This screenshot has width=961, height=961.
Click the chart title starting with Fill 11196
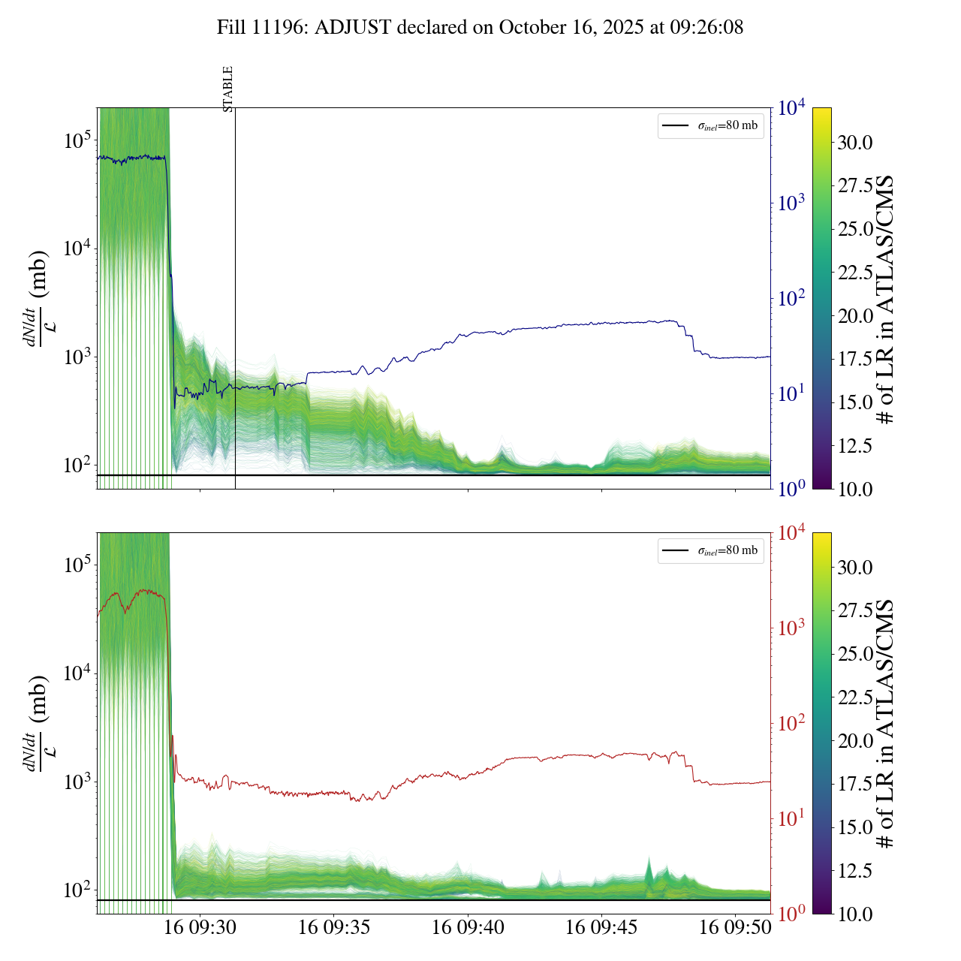coord(480,28)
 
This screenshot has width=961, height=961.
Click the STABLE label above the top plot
coord(228,89)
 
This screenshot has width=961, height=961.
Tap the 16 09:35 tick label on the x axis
coord(334,927)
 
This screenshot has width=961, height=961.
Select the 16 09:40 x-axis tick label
coord(468,927)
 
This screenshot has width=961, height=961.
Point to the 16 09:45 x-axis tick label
coord(601,927)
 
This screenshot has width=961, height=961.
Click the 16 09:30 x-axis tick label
coord(200,927)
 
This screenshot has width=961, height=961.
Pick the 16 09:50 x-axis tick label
coord(735,927)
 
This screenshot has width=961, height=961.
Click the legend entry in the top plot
coord(710,125)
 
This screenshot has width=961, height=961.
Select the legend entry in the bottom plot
coord(710,550)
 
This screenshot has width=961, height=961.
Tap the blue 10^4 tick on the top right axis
coord(792,108)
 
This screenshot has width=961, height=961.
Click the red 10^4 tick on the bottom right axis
coord(792,533)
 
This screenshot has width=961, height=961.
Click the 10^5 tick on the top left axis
coord(77,140)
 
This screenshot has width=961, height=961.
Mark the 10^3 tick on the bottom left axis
coord(77,782)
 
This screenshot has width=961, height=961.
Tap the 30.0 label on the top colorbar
coord(855,143)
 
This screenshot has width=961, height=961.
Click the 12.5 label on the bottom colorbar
coord(855,871)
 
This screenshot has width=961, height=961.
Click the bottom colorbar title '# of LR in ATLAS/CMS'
coord(886,724)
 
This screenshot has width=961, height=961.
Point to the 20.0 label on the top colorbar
coord(855,316)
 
